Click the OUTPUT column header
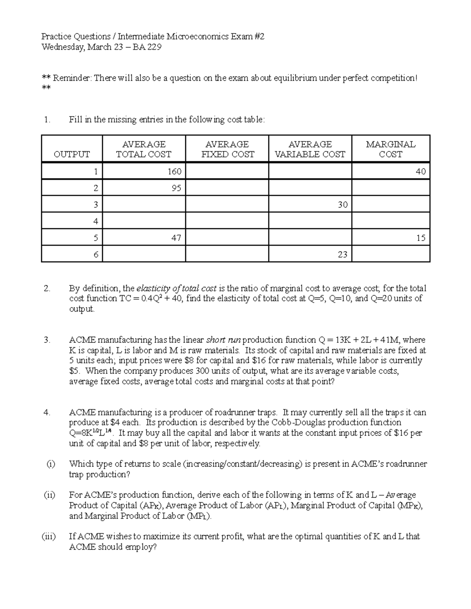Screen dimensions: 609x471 (x=72, y=154)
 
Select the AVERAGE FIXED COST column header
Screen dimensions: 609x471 (x=227, y=149)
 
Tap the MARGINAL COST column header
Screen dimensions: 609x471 (x=391, y=149)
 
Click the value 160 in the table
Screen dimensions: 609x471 (x=174, y=171)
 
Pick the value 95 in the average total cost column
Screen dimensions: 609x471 (x=176, y=188)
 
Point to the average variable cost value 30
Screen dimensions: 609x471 (x=343, y=205)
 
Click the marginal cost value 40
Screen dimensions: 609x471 (x=421, y=171)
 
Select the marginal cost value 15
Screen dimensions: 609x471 (x=421, y=238)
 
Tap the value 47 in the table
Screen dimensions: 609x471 (x=176, y=238)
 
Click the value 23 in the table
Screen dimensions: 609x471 (x=343, y=255)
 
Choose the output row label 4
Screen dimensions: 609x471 (x=96, y=221)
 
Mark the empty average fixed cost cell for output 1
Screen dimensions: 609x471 (x=227, y=171)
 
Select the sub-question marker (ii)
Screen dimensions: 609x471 (x=49, y=495)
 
